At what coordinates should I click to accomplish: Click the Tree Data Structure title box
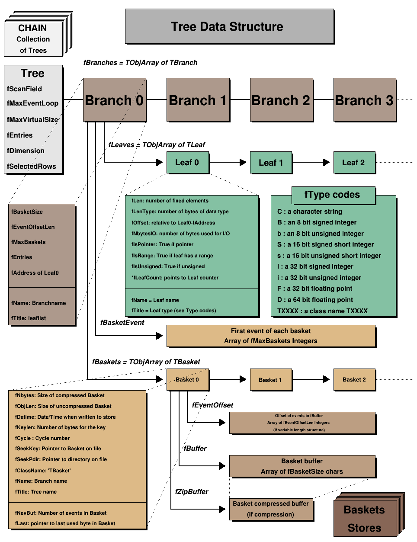[x=229, y=26]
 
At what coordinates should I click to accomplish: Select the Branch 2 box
[x=281, y=100]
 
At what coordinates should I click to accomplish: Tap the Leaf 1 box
[x=271, y=163]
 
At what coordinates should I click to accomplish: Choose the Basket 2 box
[x=354, y=379]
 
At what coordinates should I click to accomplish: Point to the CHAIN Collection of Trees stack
[x=33, y=39]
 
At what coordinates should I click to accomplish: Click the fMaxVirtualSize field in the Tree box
[x=32, y=119]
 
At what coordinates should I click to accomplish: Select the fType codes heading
[x=332, y=195]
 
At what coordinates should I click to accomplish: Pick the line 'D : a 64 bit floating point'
[x=315, y=300]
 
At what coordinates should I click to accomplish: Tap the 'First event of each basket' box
[x=271, y=336]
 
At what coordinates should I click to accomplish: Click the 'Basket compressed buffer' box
[x=271, y=509]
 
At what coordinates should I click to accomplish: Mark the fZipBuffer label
[x=192, y=491]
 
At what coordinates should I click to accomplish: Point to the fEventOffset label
[x=212, y=405]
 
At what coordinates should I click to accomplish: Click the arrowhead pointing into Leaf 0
[x=160, y=163]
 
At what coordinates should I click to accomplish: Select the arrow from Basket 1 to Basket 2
[x=311, y=379]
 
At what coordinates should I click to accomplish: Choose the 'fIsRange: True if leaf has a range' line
[x=172, y=256]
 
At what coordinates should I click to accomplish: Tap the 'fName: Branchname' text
[x=38, y=303]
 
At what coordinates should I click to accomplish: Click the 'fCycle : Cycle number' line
[x=42, y=438]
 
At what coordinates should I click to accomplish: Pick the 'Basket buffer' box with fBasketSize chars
[x=302, y=466]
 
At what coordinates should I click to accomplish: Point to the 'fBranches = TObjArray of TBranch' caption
[x=140, y=63]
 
